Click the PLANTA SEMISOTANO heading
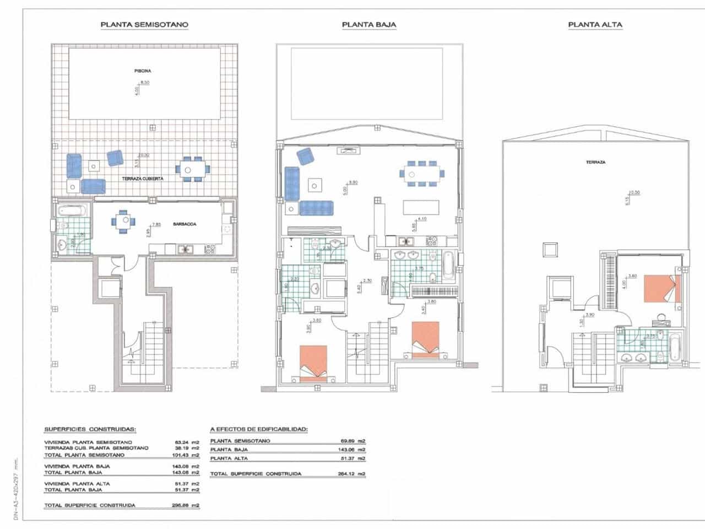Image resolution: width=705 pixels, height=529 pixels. coord(144,24)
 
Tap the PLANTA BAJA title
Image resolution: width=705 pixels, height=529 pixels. coord(368,24)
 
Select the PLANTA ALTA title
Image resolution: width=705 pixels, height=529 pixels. coord(595,24)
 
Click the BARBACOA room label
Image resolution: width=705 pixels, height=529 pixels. coord(185,224)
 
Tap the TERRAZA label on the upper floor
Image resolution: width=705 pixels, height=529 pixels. coord(596,163)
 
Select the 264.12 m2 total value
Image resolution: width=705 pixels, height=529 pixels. coord(352,474)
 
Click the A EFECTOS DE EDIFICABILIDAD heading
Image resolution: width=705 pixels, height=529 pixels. coord(259,429)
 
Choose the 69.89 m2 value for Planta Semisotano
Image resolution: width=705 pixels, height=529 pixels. coord(352,441)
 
